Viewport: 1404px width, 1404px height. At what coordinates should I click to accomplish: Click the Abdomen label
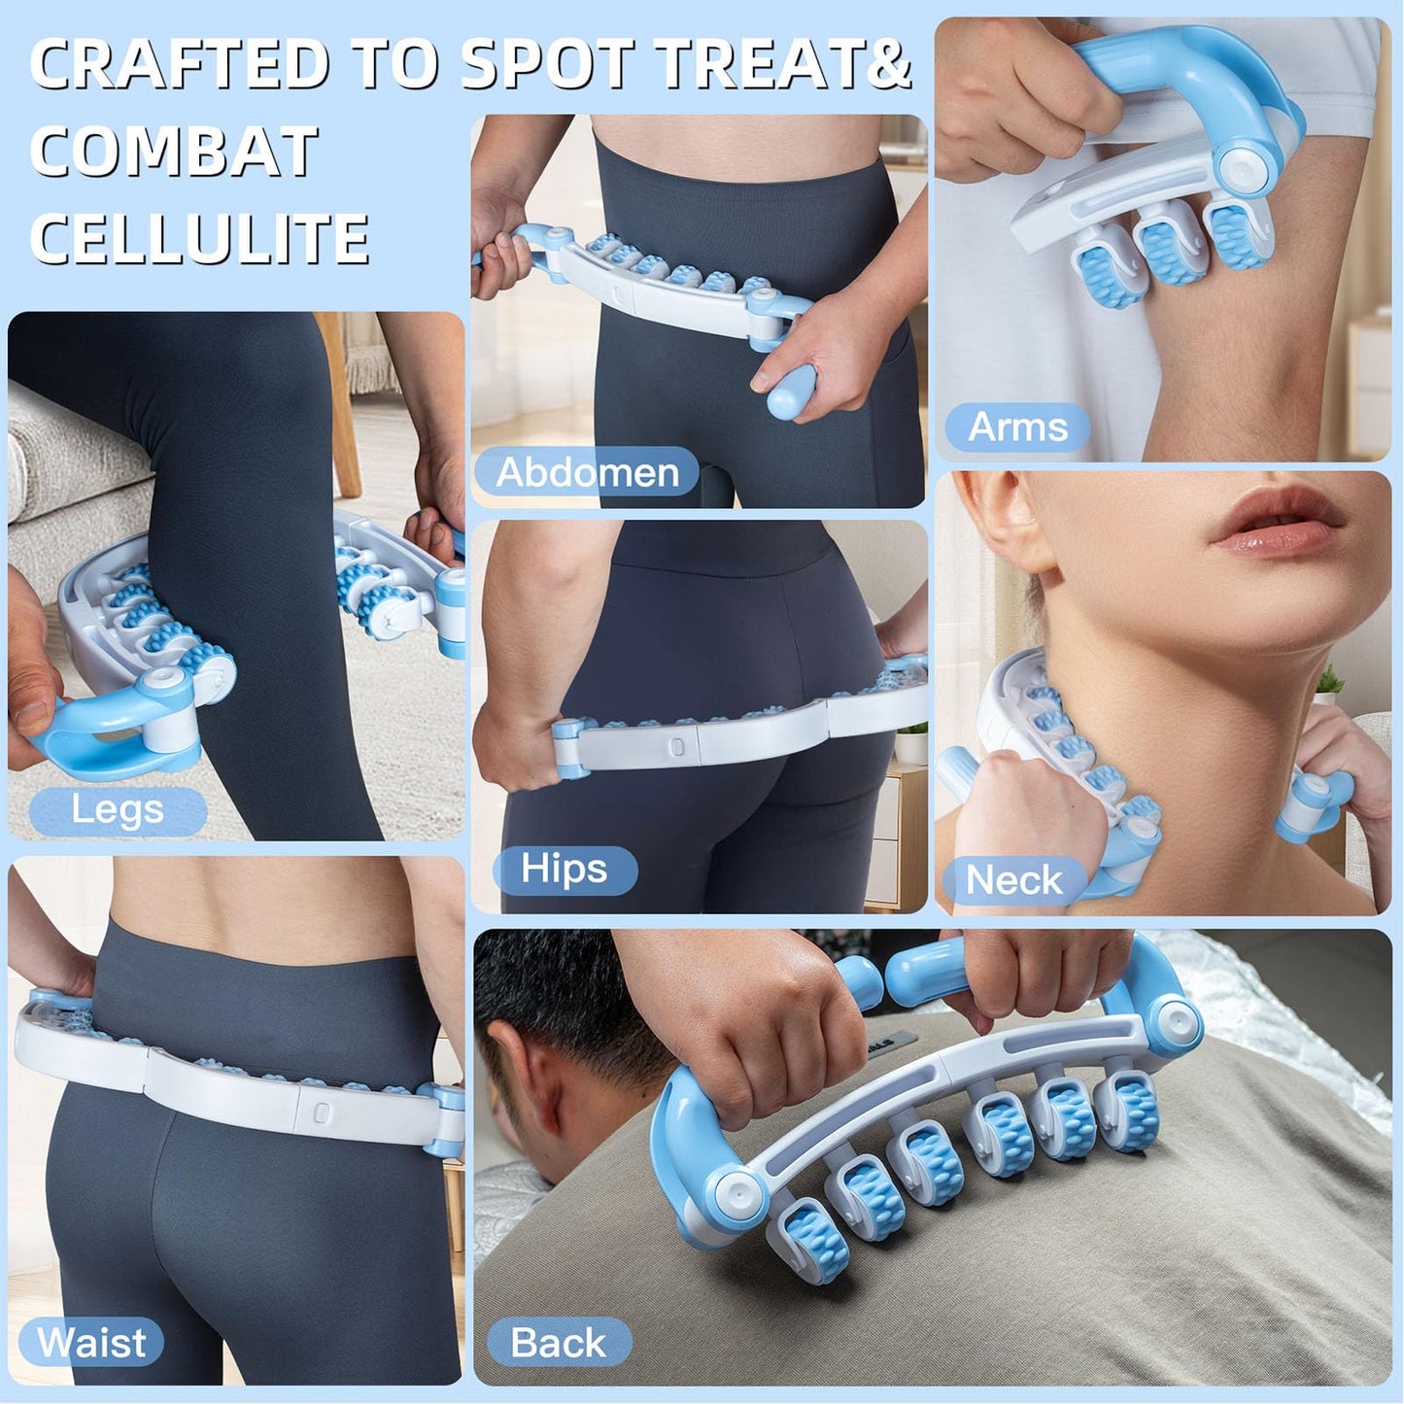tap(587, 472)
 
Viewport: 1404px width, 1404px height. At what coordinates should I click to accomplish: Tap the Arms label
tap(1017, 428)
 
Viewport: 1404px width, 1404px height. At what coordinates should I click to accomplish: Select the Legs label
tap(118, 809)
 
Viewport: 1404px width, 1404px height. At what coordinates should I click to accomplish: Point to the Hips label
tap(565, 869)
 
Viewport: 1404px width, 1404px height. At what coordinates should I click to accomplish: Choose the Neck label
tap(1013, 880)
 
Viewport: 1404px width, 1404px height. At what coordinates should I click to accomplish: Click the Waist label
tap(91, 1343)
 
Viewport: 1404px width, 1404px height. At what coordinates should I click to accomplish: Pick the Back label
tap(559, 1343)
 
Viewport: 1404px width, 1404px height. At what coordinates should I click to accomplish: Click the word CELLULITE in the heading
tap(199, 239)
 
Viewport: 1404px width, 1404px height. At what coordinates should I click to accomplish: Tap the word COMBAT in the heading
tap(175, 152)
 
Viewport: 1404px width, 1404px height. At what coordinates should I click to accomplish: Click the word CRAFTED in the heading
tap(180, 64)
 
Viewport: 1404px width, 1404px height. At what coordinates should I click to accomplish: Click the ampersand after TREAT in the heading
tap(887, 64)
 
